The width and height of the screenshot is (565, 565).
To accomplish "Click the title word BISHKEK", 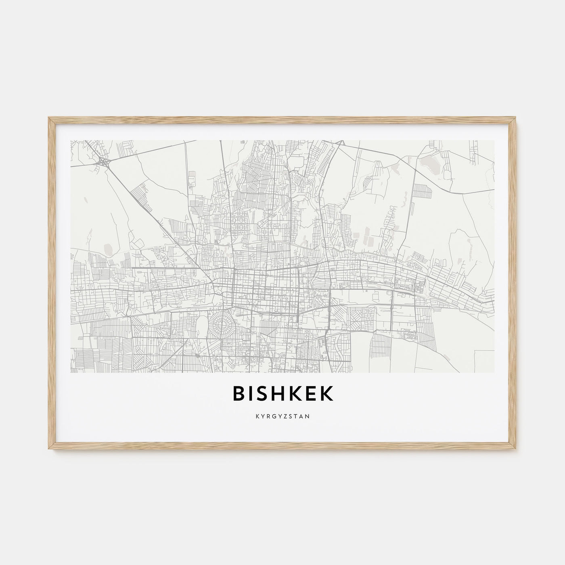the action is pyautogui.click(x=282, y=395).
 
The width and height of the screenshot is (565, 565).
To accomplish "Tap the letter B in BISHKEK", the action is pyautogui.click(x=239, y=395).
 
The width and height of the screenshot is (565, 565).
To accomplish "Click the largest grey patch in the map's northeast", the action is pyautogui.click(x=428, y=163).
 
